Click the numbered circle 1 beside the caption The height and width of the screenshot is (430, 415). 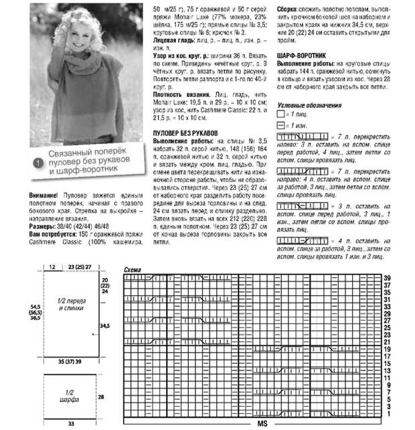click(x=39, y=162)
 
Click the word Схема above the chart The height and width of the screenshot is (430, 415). click(x=133, y=270)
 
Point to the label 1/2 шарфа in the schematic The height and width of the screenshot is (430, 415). click(x=70, y=395)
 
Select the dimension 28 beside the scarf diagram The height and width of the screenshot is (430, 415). click(x=102, y=397)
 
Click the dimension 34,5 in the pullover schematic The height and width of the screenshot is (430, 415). click(x=104, y=326)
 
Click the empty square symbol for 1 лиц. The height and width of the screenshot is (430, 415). click(x=281, y=115)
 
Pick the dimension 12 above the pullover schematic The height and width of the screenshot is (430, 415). click(x=52, y=267)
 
